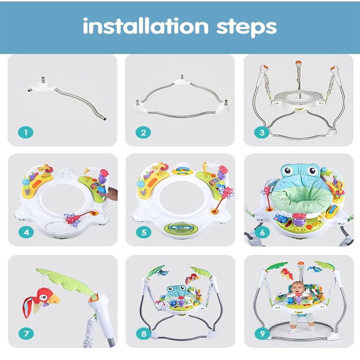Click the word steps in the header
pos(247,27)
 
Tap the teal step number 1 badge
pos(26,132)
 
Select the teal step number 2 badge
pos(143,132)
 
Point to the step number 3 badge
pos(262,132)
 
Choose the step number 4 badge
pos(26,232)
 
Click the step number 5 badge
pos(144,232)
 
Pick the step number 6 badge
pos(262,232)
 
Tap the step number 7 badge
pos(26,333)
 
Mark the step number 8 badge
pos(144,333)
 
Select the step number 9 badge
pos(262,333)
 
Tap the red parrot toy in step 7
pos(40,301)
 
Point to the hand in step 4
pos(111,194)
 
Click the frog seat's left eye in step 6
pos(288,171)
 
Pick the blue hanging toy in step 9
pos(315,269)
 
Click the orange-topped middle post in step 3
pos(298,74)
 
